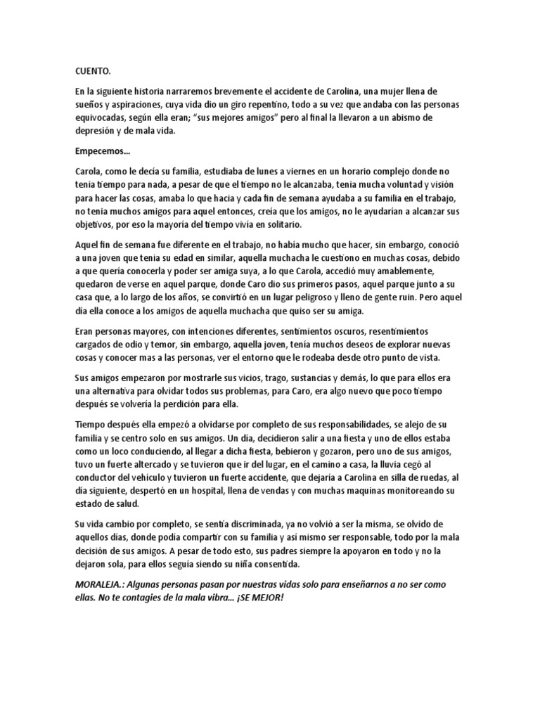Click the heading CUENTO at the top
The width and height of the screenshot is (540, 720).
[x=93, y=72]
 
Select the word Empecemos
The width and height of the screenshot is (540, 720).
[x=99, y=150]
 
